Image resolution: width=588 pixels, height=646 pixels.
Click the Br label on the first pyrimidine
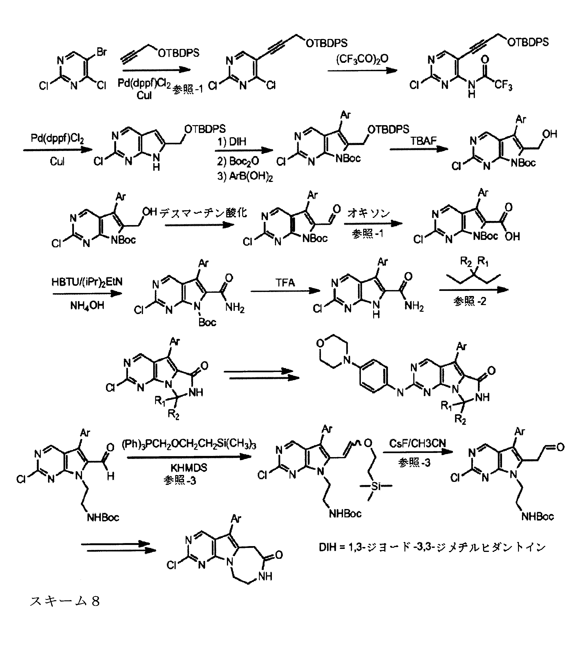tap(101, 52)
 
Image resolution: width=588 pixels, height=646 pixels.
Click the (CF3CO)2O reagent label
tap(362, 59)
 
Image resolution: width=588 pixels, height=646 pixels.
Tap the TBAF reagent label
tap(424, 140)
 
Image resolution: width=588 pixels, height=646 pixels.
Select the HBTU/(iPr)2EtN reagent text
tap(87, 282)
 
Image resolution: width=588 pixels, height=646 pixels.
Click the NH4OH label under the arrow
tap(87, 305)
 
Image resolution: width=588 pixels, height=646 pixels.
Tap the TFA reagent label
tap(285, 283)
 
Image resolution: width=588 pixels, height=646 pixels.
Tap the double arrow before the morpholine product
tap(261, 375)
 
